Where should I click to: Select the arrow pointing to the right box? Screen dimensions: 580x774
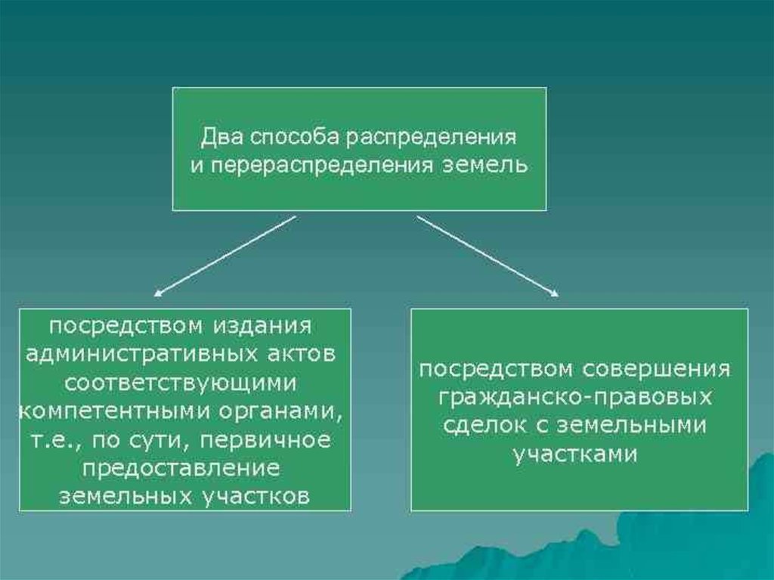[488, 255]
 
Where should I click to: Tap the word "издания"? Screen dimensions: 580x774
[262, 327]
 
